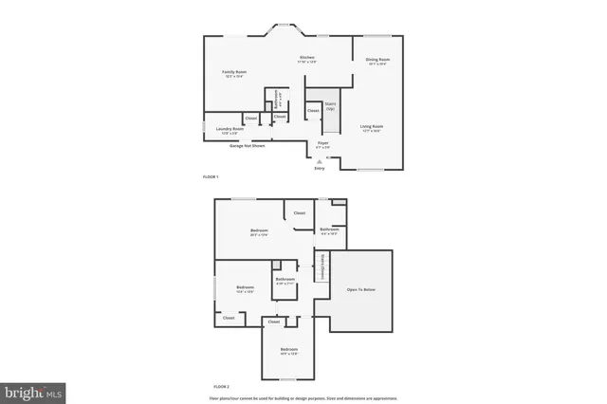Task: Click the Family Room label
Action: pos(236,72)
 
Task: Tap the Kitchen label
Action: pos(306,58)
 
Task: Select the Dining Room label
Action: pos(377,61)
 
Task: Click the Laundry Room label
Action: pos(225,129)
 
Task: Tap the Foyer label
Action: pos(322,142)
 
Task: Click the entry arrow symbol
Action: pos(319,161)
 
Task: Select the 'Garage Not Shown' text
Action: pos(247,146)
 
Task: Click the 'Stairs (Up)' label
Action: pos(330,106)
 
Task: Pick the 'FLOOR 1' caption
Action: pos(211,177)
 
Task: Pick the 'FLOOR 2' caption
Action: pos(221,387)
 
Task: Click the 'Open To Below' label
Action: pos(360,288)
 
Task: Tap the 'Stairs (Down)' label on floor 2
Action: pos(322,266)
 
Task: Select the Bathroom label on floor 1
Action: pos(276,98)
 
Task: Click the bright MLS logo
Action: pos(33,390)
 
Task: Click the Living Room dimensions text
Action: pos(371,131)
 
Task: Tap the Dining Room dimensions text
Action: pos(377,65)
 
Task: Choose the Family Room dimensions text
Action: pos(236,77)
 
